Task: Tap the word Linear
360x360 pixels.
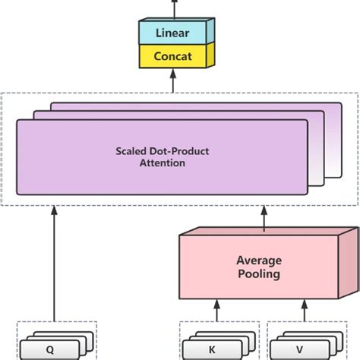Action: coord(172,33)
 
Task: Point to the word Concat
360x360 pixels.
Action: coord(172,56)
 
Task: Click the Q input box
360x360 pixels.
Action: coord(50,350)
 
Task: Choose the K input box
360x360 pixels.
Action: coord(213,350)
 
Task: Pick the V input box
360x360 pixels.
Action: coord(300,350)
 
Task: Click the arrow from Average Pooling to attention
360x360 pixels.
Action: coord(264,219)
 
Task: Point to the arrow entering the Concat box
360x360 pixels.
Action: coord(172,81)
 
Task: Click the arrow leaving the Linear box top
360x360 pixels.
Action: coord(172,8)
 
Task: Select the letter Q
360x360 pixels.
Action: coord(50,350)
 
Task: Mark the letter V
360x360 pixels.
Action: coord(300,350)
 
